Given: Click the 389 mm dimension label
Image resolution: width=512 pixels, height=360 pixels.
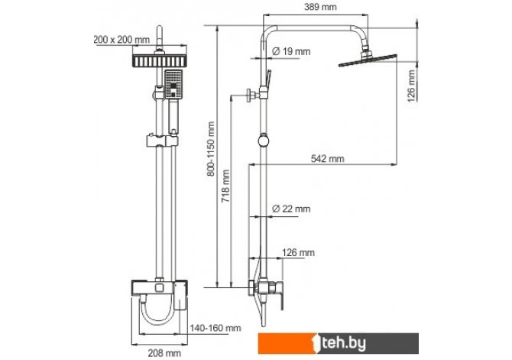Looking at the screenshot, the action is (320, 7).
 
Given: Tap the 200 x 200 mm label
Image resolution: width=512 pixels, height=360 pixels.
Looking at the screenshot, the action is (122, 40).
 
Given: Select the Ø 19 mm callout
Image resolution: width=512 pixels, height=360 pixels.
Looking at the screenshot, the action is (291, 51).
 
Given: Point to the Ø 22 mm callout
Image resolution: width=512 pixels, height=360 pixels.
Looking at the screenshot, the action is (291, 209).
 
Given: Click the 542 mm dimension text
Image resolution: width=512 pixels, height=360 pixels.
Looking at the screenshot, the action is (328, 159).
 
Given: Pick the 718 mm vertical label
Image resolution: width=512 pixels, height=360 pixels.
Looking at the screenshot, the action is (226, 186).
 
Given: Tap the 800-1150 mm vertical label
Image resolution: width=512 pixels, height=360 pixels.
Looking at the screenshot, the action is (211, 149).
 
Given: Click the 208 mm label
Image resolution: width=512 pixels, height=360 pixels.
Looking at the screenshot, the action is (164, 353).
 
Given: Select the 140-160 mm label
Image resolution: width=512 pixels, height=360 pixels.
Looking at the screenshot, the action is (215, 328).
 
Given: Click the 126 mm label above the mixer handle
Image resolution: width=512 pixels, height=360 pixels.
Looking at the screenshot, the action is (299, 252).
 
